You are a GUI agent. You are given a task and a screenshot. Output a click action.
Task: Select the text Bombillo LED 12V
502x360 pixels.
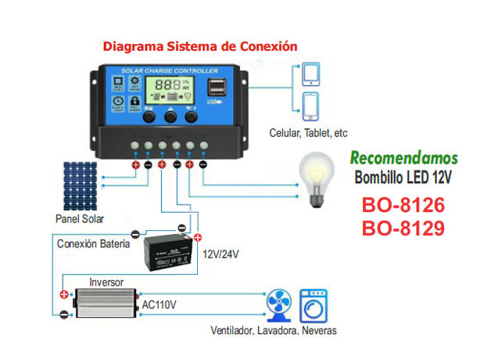click(403, 177)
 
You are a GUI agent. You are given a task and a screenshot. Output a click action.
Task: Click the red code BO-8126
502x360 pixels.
click(403, 206)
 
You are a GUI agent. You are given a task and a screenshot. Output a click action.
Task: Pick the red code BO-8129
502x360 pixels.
click(403, 229)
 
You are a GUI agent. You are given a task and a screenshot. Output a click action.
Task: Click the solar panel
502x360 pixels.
click(81, 185)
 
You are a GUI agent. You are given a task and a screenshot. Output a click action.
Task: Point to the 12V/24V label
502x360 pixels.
click(221, 255)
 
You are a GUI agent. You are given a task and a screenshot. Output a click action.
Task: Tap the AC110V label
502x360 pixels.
click(160, 304)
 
